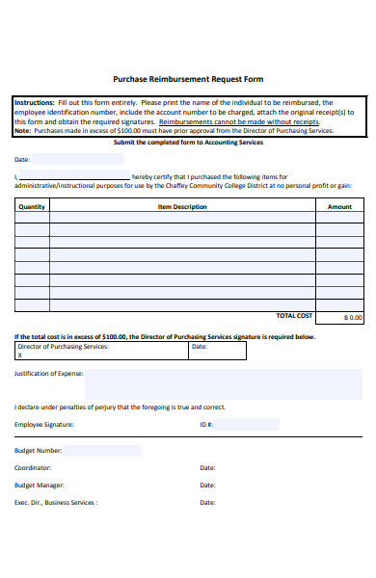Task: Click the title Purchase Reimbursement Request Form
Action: (x=188, y=79)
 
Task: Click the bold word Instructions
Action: (x=34, y=102)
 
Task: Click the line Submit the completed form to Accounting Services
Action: (x=188, y=142)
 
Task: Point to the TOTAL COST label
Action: (x=294, y=316)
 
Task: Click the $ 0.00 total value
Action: (x=352, y=317)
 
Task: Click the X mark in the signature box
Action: (x=20, y=355)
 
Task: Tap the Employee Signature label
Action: (x=43, y=425)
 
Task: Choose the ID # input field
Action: (x=247, y=425)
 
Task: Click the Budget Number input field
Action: (x=101, y=450)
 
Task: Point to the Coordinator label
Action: (x=33, y=468)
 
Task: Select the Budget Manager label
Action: (x=39, y=486)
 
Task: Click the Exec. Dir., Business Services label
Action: (x=55, y=503)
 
